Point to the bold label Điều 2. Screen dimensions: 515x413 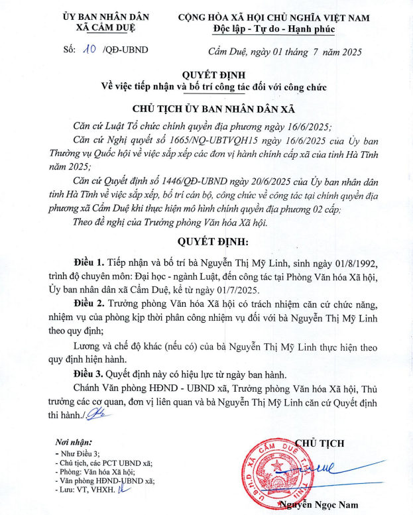coord(91,304)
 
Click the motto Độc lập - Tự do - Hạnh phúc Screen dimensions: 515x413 coord(274,29)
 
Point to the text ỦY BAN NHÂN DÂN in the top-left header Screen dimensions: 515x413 coord(106,17)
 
